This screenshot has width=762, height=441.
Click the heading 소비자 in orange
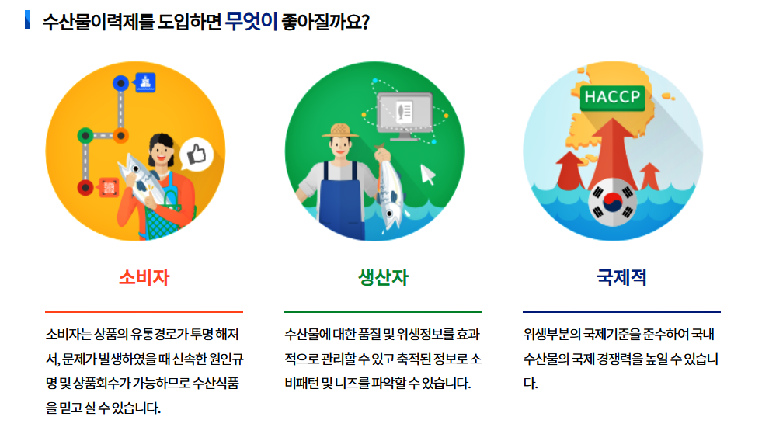coord(144,277)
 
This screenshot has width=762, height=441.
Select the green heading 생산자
coord(383,277)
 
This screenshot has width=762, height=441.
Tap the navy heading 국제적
coord(621,277)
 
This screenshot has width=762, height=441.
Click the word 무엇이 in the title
coord(251,21)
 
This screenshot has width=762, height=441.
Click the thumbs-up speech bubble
coord(196,155)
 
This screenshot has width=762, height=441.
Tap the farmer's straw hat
coord(339,131)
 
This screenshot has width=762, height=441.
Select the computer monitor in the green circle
coord(403,114)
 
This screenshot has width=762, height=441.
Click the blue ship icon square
coord(145,82)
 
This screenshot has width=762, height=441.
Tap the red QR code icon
coord(107,187)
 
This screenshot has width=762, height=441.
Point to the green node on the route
coord(84,136)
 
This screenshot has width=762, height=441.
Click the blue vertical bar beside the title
coord(27,19)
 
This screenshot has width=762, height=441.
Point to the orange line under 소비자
coord(144,311)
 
